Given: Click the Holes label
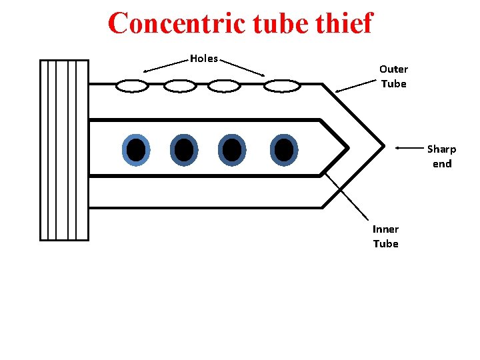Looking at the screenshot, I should click(x=203, y=59).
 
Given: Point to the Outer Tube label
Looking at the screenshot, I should click(x=393, y=76).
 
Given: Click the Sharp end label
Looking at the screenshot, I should click(x=441, y=156).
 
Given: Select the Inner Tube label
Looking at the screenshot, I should click(x=385, y=236).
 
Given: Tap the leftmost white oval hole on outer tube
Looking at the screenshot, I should click(x=132, y=86).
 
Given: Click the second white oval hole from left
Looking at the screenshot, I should click(x=180, y=86).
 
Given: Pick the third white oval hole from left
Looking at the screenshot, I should click(x=224, y=86).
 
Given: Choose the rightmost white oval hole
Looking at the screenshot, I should click(x=281, y=86).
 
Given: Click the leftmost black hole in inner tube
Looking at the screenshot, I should click(x=136, y=150).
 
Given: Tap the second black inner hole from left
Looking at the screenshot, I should click(x=183, y=150).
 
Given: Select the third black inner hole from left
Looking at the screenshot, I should click(x=232, y=150).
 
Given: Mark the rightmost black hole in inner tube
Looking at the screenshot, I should click(x=284, y=150).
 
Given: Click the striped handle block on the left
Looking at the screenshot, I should click(x=64, y=149).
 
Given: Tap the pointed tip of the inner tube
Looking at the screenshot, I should click(x=347, y=147).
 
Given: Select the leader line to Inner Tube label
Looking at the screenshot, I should click(x=347, y=196).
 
